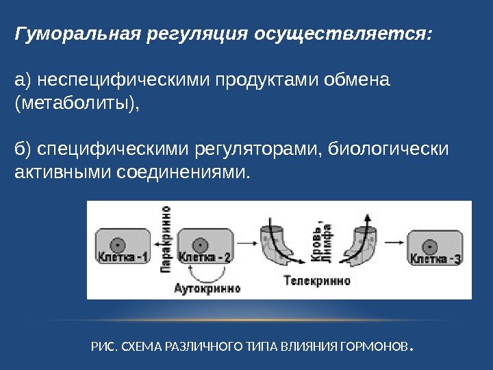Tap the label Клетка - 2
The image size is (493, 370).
(x=205, y=258)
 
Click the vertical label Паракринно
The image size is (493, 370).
(x=165, y=240)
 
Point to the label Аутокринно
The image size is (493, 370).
(x=207, y=288)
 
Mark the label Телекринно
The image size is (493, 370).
(x=316, y=281)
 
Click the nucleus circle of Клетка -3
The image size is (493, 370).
(x=431, y=244)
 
